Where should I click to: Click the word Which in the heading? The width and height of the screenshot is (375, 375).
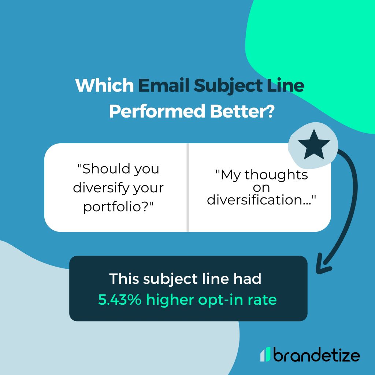coord(104,86)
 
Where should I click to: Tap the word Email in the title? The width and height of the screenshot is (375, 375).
coord(163,86)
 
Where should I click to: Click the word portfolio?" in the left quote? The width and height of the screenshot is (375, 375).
coord(118,207)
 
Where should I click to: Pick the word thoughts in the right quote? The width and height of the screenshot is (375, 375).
coord(276,175)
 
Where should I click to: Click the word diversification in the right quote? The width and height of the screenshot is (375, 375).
coord(256,200)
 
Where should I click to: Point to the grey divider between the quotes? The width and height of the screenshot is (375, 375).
coord(187,187)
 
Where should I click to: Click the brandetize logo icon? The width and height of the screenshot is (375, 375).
coord(266,354)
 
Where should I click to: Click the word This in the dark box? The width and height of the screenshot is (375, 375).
coord(125,279)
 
